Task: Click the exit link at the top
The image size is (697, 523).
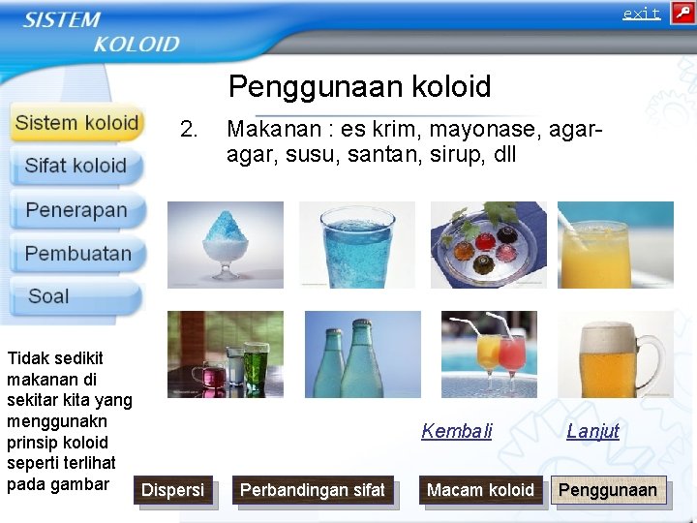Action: [x=641, y=14]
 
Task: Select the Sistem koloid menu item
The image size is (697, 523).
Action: [x=77, y=123]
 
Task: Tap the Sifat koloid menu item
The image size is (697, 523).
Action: [x=76, y=166]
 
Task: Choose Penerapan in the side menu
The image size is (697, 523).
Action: [x=76, y=210]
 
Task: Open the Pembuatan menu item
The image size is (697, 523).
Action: [x=77, y=254]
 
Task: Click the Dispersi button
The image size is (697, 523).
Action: [x=173, y=491]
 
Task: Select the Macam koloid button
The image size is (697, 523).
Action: [x=480, y=491]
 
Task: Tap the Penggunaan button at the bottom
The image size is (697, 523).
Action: [x=608, y=491]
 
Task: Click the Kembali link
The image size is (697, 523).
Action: [x=457, y=432]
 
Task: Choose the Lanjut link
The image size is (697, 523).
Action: [x=592, y=432]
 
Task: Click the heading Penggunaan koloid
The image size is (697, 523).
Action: [x=359, y=87]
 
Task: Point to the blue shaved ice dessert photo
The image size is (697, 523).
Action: [x=226, y=244]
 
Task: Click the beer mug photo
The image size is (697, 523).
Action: [x=616, y=354]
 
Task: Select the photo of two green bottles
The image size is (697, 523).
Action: [x=362, y=354]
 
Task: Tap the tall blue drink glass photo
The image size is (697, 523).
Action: [x=356, y=244]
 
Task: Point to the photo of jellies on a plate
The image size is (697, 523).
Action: [x=488, y=244]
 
